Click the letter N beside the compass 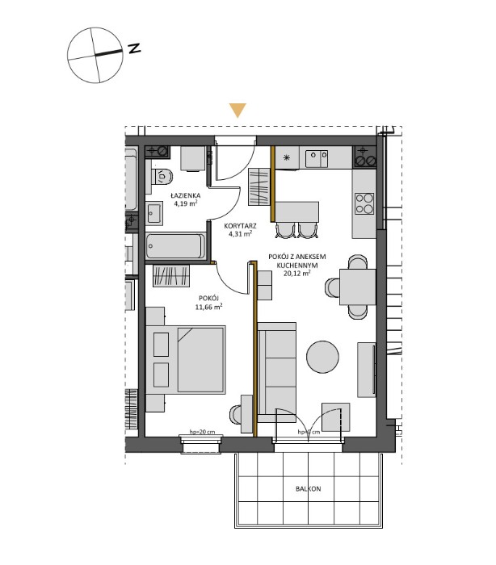pyautogui.click(x=133, y=48)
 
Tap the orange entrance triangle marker pyautogui.click(x=237, y=111)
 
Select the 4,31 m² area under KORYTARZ pyautogui.click(x=239, y=234)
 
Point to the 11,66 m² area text pyautogui.click(x=210, y=307)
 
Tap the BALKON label pyautogui.click(x=308, y=489)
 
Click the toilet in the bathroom pyautogui.click(x=163, y=176)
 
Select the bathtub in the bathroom pyautogui.click(x=178, y=245)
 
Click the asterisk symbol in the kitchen pyautogui.click(x=284, y=158)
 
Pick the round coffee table pyautogui.click(x=323, y=356)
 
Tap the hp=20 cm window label pyautogui.click(x=201, y=433)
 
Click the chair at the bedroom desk pyautogui.click(x=236, y=413)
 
